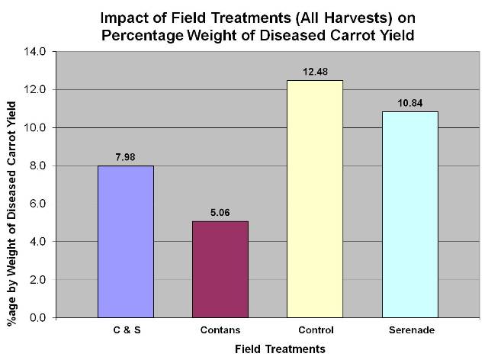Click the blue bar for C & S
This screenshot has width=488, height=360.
tap(126, 241)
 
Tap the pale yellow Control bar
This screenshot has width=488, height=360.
tap(315, 198)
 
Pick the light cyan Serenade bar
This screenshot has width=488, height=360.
tap(409, 214)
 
